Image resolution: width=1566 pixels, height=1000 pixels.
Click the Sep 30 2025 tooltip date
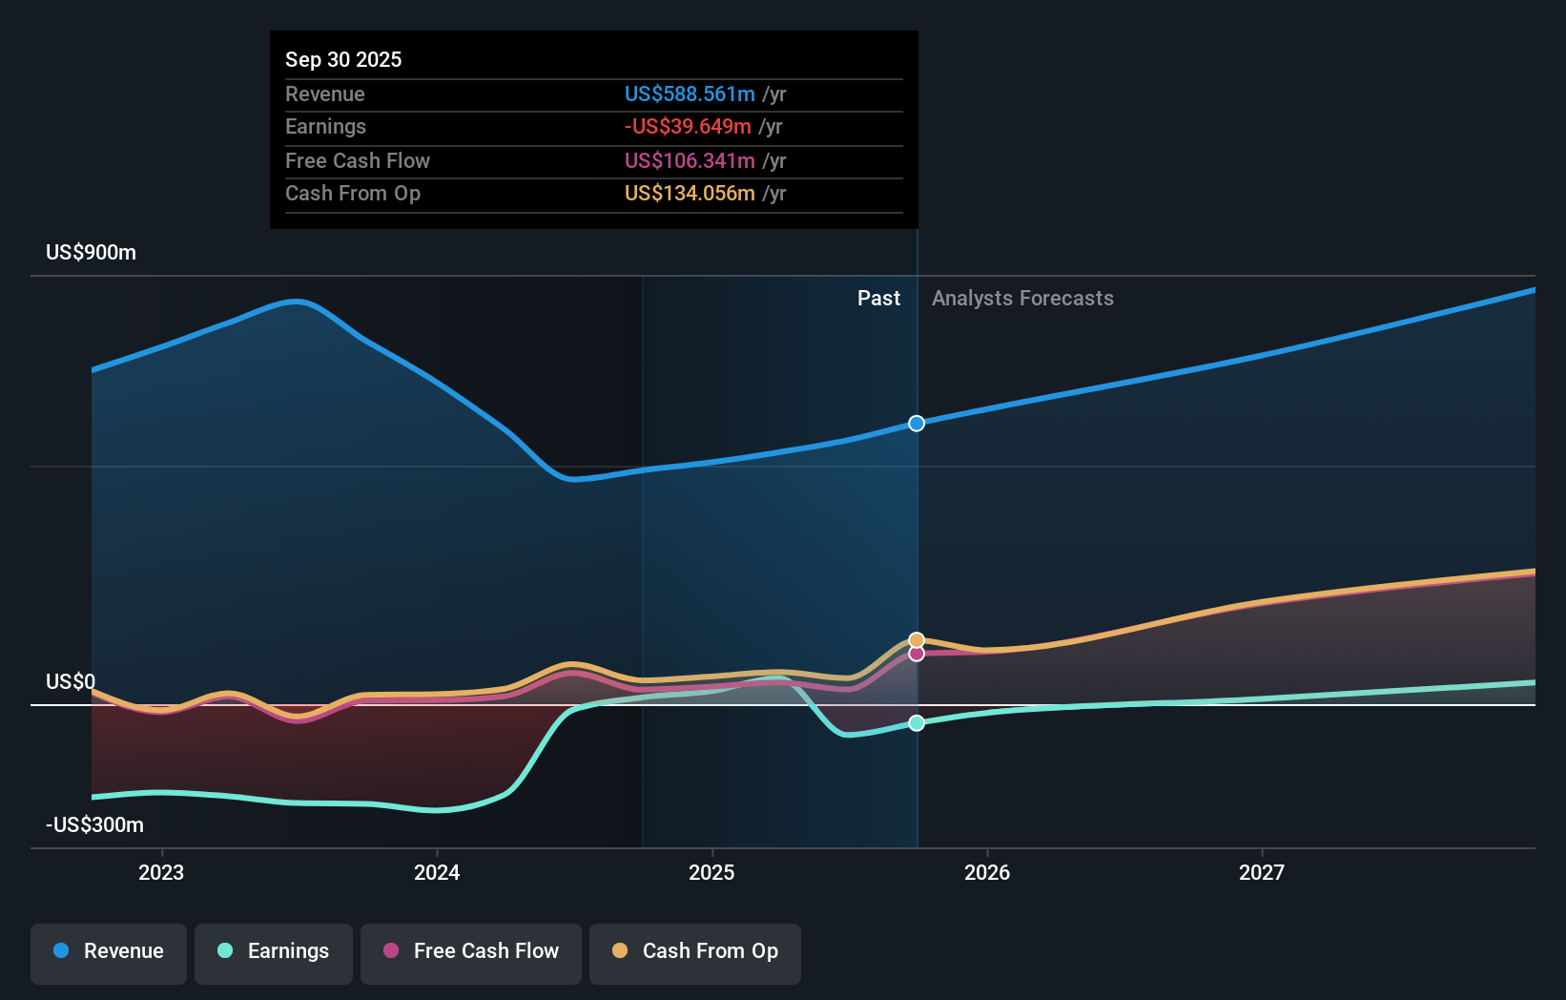pos(343,59)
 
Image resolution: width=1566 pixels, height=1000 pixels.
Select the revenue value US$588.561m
pos(689,94)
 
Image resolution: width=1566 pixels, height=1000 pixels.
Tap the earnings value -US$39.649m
pos(687,126)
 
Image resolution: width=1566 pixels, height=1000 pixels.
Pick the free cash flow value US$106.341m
pos(689,160)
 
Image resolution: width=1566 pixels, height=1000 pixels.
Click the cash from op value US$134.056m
pos(689,193)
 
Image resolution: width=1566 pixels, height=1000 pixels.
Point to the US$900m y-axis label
pos(91,252)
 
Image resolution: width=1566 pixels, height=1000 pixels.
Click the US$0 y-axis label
pos(71,681)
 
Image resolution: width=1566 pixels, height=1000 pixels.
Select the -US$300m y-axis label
pos(94,824)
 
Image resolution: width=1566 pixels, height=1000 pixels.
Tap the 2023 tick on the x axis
pos(161,872)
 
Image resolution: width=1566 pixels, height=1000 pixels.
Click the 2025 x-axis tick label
pos(711,872)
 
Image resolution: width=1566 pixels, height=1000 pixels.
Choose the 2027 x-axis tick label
pos(1261,872)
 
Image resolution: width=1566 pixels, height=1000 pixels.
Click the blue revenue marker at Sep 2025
pos(917,423)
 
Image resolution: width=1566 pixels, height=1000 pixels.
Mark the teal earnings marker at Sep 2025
pos(917,723)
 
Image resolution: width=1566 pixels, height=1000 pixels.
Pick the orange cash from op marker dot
pos(917,640)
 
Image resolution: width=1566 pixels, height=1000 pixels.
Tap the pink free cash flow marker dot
pos(917,654)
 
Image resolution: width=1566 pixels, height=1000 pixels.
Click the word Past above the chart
pos(878,298)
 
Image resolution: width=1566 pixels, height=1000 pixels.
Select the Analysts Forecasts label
pos(1021,298)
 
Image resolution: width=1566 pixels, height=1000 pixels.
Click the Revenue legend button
pos(109,951)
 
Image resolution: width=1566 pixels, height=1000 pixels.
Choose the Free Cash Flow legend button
pos(471,951)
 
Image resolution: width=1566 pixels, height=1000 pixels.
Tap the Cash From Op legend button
pos(695,951)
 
